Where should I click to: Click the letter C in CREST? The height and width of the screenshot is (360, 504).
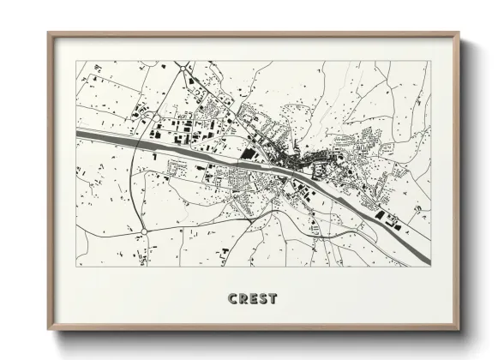(233, 299)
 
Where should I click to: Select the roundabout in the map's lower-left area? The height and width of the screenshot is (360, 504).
(143, 231)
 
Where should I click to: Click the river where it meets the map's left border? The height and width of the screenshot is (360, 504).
(80, 134)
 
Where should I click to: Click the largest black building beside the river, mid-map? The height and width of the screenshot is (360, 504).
(248, 153)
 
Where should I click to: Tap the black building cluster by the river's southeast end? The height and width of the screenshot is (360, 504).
(393, 221)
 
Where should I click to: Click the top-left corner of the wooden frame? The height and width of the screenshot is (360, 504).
(49, 33)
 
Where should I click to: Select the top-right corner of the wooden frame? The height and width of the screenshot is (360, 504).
(459, 34)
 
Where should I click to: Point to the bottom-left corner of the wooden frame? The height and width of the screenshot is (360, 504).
(49, 331)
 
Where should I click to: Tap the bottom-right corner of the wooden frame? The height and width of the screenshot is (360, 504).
(459, 331)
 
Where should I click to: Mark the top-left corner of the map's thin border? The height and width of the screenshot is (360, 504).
(76, 62)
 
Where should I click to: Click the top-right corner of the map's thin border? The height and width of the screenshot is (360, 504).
(431, 62)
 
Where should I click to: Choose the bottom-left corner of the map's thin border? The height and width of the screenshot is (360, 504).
(76, 267)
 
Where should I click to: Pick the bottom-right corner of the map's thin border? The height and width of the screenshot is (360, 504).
(431, 267)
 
